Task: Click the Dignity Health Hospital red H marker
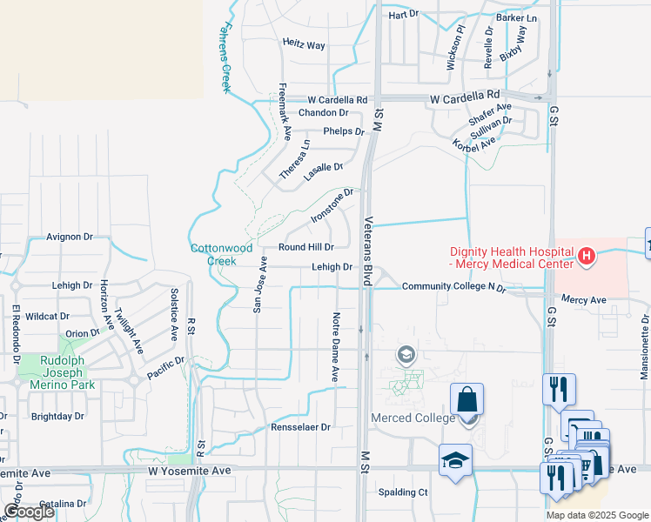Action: [587, 256]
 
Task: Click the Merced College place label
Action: [413, 418]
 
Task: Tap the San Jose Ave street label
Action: [258, 284]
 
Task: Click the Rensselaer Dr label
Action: [301, 427]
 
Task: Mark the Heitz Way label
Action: [304, 44]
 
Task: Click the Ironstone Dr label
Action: [331, 205]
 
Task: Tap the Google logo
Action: [29, 512]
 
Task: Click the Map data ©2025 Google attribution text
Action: [597, 515]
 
